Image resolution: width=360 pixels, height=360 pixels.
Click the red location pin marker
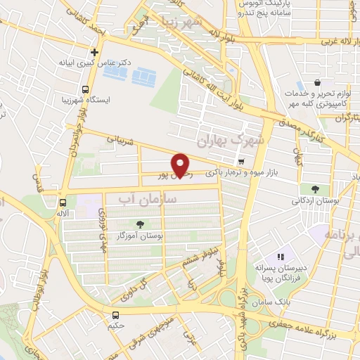tap(181, 165)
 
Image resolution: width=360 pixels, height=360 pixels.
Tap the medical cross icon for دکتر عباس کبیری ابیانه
tap(94, 52)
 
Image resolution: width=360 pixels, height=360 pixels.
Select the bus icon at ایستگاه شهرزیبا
tap(85, 90)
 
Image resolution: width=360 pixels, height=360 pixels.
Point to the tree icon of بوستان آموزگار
tap(139, 225)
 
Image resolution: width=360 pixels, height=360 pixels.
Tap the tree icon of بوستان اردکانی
tap(314, 188)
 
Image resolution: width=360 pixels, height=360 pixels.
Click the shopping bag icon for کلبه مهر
tap(318, 82)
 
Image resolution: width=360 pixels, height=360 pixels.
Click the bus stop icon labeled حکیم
tap(115, 316)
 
